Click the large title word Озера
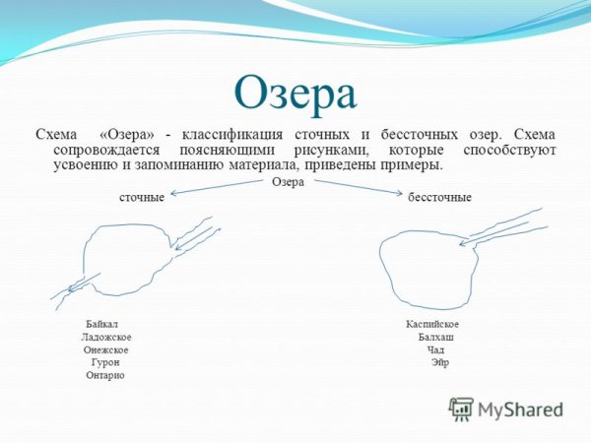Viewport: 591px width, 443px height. click(295, 95)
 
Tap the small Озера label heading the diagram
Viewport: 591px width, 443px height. click(288, 182)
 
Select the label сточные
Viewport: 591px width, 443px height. click(142, 197)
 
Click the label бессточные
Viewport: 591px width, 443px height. click(439, 197)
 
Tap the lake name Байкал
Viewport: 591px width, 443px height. click(102, 324)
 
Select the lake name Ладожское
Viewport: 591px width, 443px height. click(106, 337)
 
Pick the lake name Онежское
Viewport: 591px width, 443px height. click(106, 349)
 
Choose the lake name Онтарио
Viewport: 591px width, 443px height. click(105, 375)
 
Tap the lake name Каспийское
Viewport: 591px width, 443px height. click(432, 324)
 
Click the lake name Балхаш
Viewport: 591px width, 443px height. click(435, 337)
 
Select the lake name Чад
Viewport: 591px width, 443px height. click(436, 349)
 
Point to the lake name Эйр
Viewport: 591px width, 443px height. click(439, 362)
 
